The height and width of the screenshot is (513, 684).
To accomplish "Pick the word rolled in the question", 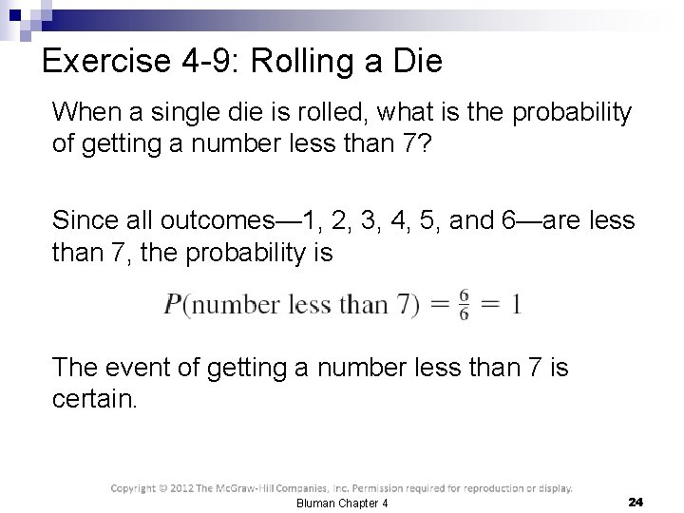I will [x=317, y=113].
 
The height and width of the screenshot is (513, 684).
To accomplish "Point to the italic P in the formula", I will [x=174, y=305].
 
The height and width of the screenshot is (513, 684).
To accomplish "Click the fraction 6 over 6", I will [x=464, y=305].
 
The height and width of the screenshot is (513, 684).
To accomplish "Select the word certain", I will [x=95, y=398].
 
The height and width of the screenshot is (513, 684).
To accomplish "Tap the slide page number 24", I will [x=636, y=501].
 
